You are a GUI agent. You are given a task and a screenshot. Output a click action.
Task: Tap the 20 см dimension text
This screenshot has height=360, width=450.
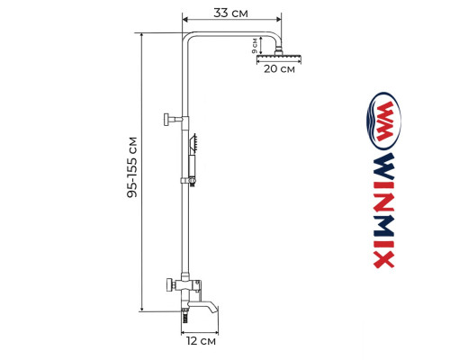[278, 73]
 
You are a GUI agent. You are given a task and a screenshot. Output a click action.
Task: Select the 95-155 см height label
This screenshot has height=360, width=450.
[133, 166]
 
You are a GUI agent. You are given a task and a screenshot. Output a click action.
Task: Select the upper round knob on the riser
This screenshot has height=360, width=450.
[168, 118]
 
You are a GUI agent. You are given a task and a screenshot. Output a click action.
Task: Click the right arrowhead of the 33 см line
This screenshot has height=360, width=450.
[280, 19]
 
